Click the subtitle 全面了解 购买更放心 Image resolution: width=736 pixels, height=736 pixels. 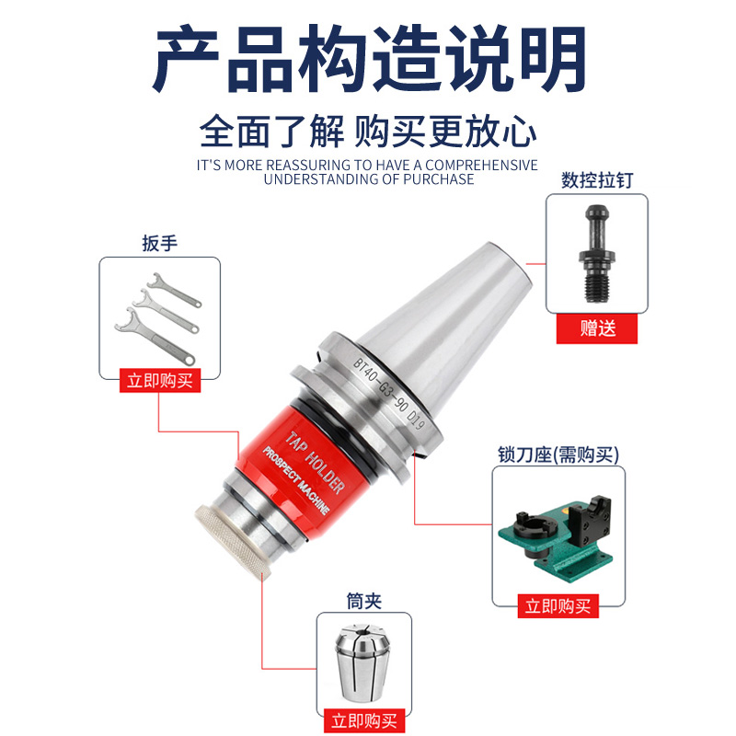click(368, 132)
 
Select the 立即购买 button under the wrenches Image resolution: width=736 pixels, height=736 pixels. click(160, 381)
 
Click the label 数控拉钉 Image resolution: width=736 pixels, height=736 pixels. click(598, 181)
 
